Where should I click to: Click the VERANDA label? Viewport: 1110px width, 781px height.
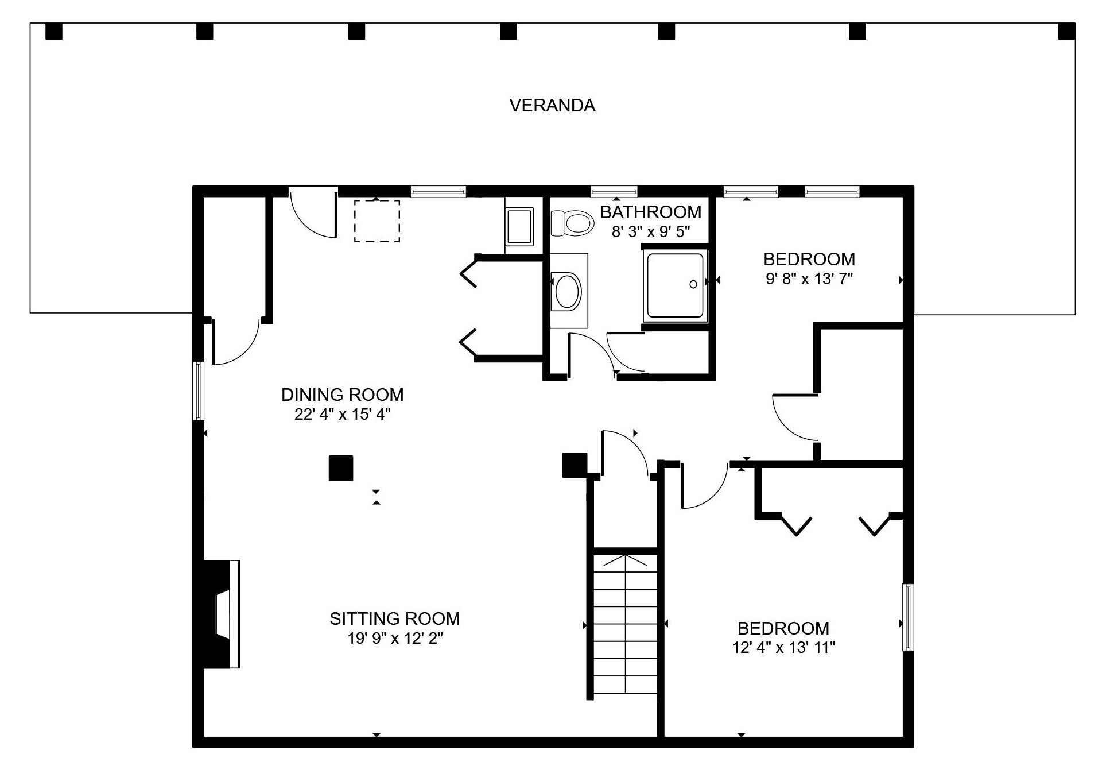click(552, 106)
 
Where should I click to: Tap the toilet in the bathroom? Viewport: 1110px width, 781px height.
click(572, 223)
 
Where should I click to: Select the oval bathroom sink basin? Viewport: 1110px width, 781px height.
click(569, 292)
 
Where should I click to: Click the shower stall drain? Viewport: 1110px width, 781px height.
click(693, 284)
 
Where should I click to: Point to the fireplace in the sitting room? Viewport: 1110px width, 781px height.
click(222, 614)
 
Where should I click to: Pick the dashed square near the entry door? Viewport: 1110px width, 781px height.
click(377, 221)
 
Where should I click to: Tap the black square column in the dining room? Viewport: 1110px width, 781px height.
click(340, 468)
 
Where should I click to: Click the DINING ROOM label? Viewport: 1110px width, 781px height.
click(343, 395)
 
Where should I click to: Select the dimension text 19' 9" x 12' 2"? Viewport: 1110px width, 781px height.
click(395, 639)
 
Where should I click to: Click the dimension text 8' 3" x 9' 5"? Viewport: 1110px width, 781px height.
click(651, 232)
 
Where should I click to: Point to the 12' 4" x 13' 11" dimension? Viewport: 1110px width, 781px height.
click(783, 648)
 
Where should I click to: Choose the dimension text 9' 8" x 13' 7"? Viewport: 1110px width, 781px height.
click(809, 279)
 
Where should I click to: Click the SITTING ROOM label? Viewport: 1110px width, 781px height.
click(395, 618)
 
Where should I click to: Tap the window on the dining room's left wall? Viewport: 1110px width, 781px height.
click(198, 390)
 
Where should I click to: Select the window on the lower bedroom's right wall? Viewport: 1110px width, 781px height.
click(907, 617)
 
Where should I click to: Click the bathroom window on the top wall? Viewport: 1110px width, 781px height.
click(614, 191)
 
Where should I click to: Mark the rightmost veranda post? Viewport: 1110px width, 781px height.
click(1066, 31)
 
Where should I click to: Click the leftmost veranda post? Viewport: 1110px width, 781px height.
click(54, 31)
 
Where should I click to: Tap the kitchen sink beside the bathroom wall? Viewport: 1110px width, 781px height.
click(520, 227)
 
